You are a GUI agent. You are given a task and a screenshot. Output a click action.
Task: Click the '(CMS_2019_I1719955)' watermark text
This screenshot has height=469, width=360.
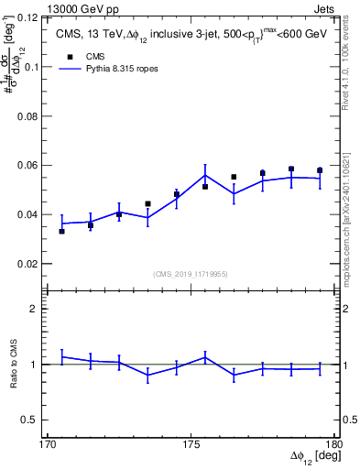point(191,273)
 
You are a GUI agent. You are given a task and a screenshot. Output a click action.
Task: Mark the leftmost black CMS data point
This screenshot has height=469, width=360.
point(61,231)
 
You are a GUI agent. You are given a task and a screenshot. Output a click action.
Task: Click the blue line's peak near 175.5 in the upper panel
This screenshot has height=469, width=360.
point(205,174)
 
